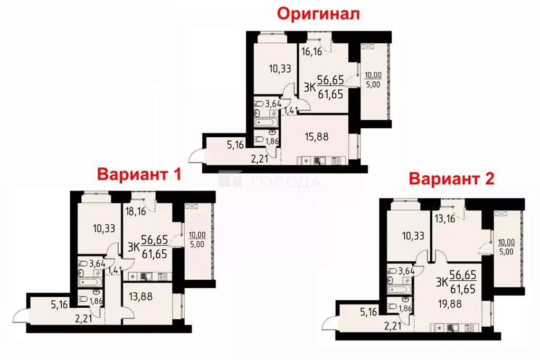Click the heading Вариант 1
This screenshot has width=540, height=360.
tap(138, 174)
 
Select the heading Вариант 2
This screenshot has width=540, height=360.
tap(451, 178)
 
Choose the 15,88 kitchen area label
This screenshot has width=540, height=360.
tap(312, 135)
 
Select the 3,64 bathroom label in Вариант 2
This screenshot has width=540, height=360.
tap(405, 271)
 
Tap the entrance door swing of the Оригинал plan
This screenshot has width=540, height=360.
tap(195, 156)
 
